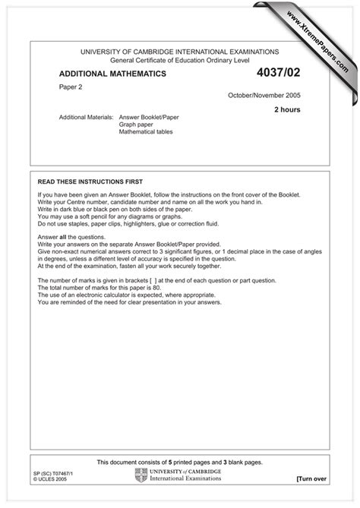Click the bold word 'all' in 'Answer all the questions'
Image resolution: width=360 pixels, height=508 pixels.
tap(65, 236)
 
